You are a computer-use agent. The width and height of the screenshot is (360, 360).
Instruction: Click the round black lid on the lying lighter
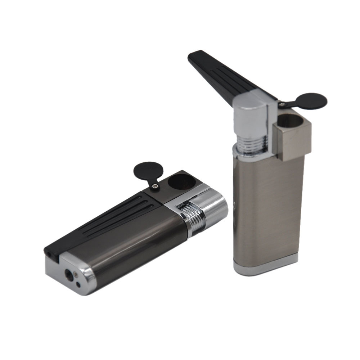pyautogui.click(x=145, y=171)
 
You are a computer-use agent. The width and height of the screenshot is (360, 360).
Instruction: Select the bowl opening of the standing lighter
pyautogui.click(x=290, y=121)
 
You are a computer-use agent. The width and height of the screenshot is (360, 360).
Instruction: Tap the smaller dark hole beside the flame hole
pyautogui.click(x=78, y=285)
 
